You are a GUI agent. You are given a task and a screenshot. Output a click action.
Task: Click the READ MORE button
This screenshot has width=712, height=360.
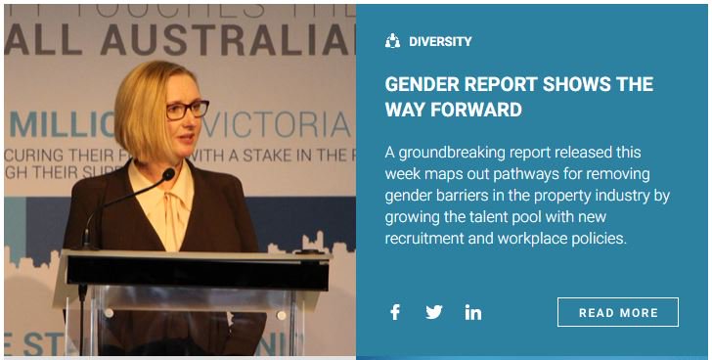617,312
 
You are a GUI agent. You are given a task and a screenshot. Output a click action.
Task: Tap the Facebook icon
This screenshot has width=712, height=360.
395,312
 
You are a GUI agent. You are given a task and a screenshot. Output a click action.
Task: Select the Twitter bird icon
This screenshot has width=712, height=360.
434,312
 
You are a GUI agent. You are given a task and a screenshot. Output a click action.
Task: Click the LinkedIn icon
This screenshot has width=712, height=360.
473,312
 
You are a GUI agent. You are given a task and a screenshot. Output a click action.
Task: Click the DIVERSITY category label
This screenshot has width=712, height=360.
440,42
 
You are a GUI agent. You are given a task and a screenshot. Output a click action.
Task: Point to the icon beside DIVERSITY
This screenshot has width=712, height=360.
393,42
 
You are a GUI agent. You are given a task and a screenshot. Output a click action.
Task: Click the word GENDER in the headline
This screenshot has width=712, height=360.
424,84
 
